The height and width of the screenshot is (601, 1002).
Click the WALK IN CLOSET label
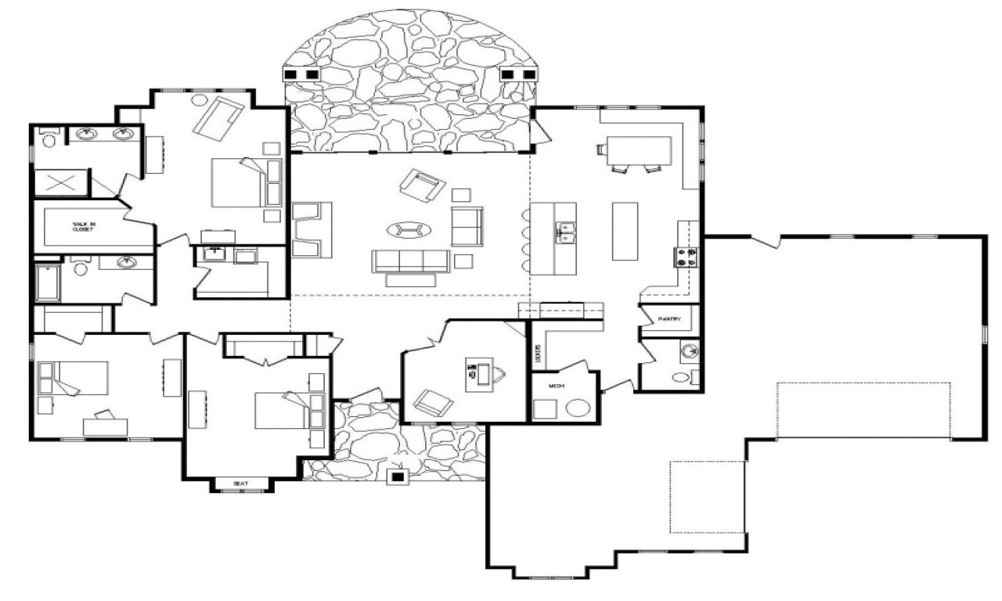point(84,226)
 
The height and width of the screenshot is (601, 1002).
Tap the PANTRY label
point(669,319)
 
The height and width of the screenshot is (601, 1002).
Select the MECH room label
point(557,386)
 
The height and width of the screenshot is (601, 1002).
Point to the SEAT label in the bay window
point(240,484)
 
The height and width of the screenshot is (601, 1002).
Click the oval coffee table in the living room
point(409,229)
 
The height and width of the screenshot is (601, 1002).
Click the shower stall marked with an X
point(60,183)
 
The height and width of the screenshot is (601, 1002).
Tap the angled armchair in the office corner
point(433,403)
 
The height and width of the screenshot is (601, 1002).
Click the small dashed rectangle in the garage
point(708,497)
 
